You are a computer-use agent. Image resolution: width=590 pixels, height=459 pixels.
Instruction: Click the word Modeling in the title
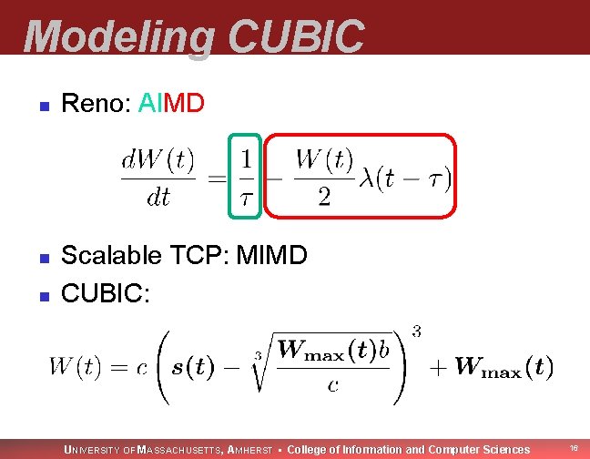point(118,36)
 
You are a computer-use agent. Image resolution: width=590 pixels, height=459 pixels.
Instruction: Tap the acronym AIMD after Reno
point(172,104)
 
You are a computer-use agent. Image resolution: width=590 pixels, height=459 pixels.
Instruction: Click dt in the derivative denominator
point(158,198)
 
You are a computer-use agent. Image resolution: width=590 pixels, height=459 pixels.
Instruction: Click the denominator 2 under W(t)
point(324,198)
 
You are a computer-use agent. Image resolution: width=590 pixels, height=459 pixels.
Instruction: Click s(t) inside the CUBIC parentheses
point(191,368)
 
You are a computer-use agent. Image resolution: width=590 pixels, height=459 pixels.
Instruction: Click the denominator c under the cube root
point(333,386)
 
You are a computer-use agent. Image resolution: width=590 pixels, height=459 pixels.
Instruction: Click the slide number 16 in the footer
point(574,448)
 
